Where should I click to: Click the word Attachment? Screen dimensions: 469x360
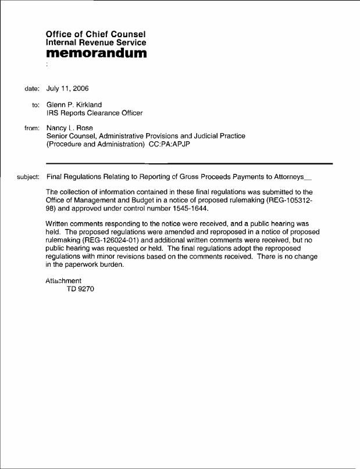[x=63, y=281]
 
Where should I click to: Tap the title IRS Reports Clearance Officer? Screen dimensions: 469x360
[x=94, y=113]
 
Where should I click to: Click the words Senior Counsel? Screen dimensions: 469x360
[x=70, y=136]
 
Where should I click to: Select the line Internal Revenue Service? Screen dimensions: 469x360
[x=96, y=42]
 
